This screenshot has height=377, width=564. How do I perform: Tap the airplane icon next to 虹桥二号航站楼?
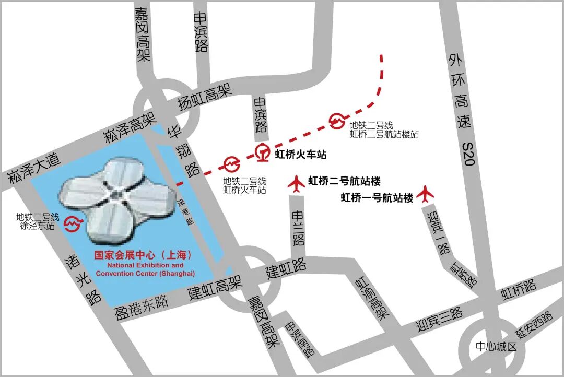(x=297, y=183)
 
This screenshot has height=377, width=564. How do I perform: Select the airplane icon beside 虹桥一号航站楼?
(x=426, y=193)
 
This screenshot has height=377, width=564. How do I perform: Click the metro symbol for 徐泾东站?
(x=72, y=224)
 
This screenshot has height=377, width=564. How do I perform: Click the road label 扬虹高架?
(x=205, y=97)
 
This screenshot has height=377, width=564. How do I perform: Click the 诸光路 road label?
(x=81, y=280)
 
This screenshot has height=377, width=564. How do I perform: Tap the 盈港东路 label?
(x=141, y=307)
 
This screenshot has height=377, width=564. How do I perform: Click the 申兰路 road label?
(x=298, y=228)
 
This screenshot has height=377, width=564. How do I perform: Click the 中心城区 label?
(x=496, y=347)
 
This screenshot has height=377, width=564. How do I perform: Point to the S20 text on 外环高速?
(x=468, y=155)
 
